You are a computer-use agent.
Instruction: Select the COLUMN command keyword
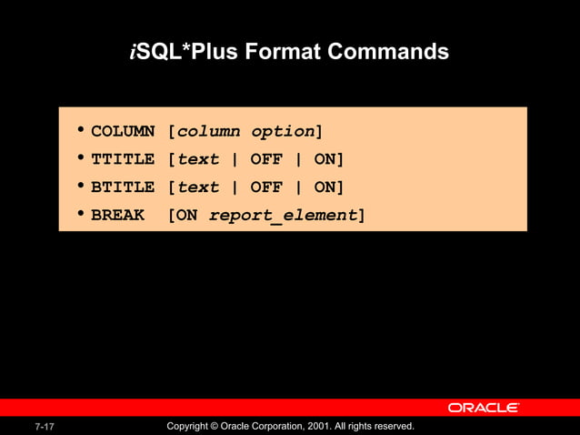point(123,132)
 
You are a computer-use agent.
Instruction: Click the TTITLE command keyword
point(123,160)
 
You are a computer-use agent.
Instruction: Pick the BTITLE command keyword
point(123,187)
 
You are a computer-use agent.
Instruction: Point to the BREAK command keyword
point(117,216)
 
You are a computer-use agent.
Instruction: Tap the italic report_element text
point(283,216)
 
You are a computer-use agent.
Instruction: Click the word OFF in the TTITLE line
point(266,160)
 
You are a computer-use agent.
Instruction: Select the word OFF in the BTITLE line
point(266,187)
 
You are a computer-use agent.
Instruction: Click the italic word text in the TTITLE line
point(198,160)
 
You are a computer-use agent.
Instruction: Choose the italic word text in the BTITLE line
point(198,187)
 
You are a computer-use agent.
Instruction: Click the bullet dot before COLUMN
point(82,130)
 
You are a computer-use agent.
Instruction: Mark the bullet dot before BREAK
point(82,214)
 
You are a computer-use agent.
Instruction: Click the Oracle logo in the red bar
point(483,408)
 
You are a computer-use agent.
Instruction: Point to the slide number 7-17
point(45,427)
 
